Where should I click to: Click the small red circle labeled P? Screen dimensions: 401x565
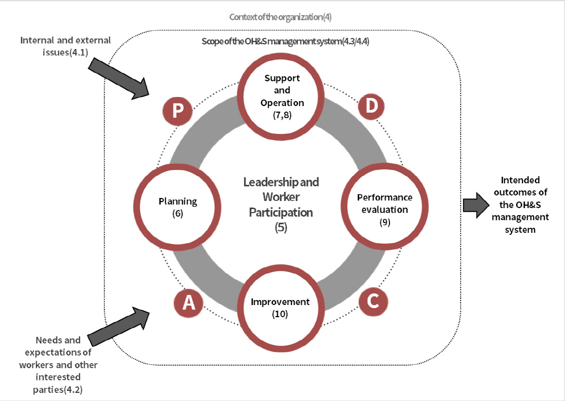(x=178, y=111)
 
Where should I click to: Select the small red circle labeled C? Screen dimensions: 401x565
(x=373, y=301)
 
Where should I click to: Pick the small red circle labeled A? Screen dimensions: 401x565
(x=188, y=303)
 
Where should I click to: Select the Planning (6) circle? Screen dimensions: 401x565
(x=178, y=207)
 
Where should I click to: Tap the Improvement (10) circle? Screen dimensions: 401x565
(x=280, y=307)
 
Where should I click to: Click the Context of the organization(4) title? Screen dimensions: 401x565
(x=280, y=17)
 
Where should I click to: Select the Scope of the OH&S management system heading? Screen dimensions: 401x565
(x=285, y=42)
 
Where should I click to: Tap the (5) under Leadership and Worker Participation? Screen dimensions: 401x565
(x=281, y=228)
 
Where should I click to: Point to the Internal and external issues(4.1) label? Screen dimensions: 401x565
(x=66, y=45)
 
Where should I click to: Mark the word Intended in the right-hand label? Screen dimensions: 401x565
(x=520, y=180)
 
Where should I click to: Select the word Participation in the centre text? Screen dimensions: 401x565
(x=281, y=212)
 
